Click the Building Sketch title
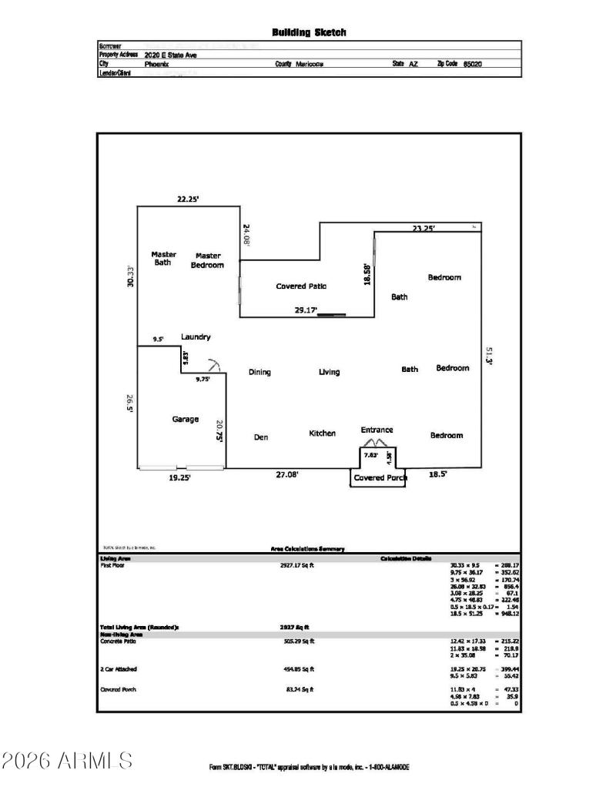(x=309, y=32)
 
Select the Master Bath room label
(x=163, y=258)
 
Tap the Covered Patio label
(x=301, y=286)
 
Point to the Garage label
(x=185, y=420)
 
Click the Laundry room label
(x=196, y=337)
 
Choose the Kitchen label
(x=322, y=434)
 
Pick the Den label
(x=260, y=437)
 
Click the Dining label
(x=259, y=373)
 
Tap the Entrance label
(x=377, y=430)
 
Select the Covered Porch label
(x=380, y=477)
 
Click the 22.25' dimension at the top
(x=188, y=199)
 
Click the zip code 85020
(x=474, y=65)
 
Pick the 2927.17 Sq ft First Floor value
(x=296, y=564)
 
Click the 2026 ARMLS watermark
(x=67, y=760)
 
